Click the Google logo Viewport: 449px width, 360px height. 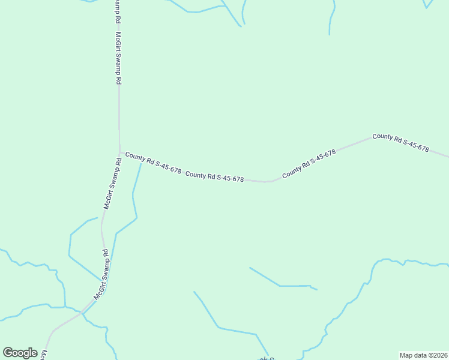[x=20, y=353]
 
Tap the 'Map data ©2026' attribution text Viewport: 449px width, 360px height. [x=423, y=355]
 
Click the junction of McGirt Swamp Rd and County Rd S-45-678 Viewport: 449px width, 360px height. [x=120, y=152]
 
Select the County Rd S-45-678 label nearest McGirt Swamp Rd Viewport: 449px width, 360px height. [x=153, y=163]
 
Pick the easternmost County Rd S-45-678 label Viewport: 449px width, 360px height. [x=400, y=142]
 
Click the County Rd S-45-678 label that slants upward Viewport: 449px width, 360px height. [x=309, y=163]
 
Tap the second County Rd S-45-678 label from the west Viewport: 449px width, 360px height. [x=214, y=176]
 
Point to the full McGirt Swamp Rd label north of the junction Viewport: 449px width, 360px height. [x=119, y=58]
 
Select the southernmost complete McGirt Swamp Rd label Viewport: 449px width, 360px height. [x=100, y=275]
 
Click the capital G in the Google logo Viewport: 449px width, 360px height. [x=8, y=353]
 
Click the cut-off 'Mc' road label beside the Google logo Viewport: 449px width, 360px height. [x=44, y=355]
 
